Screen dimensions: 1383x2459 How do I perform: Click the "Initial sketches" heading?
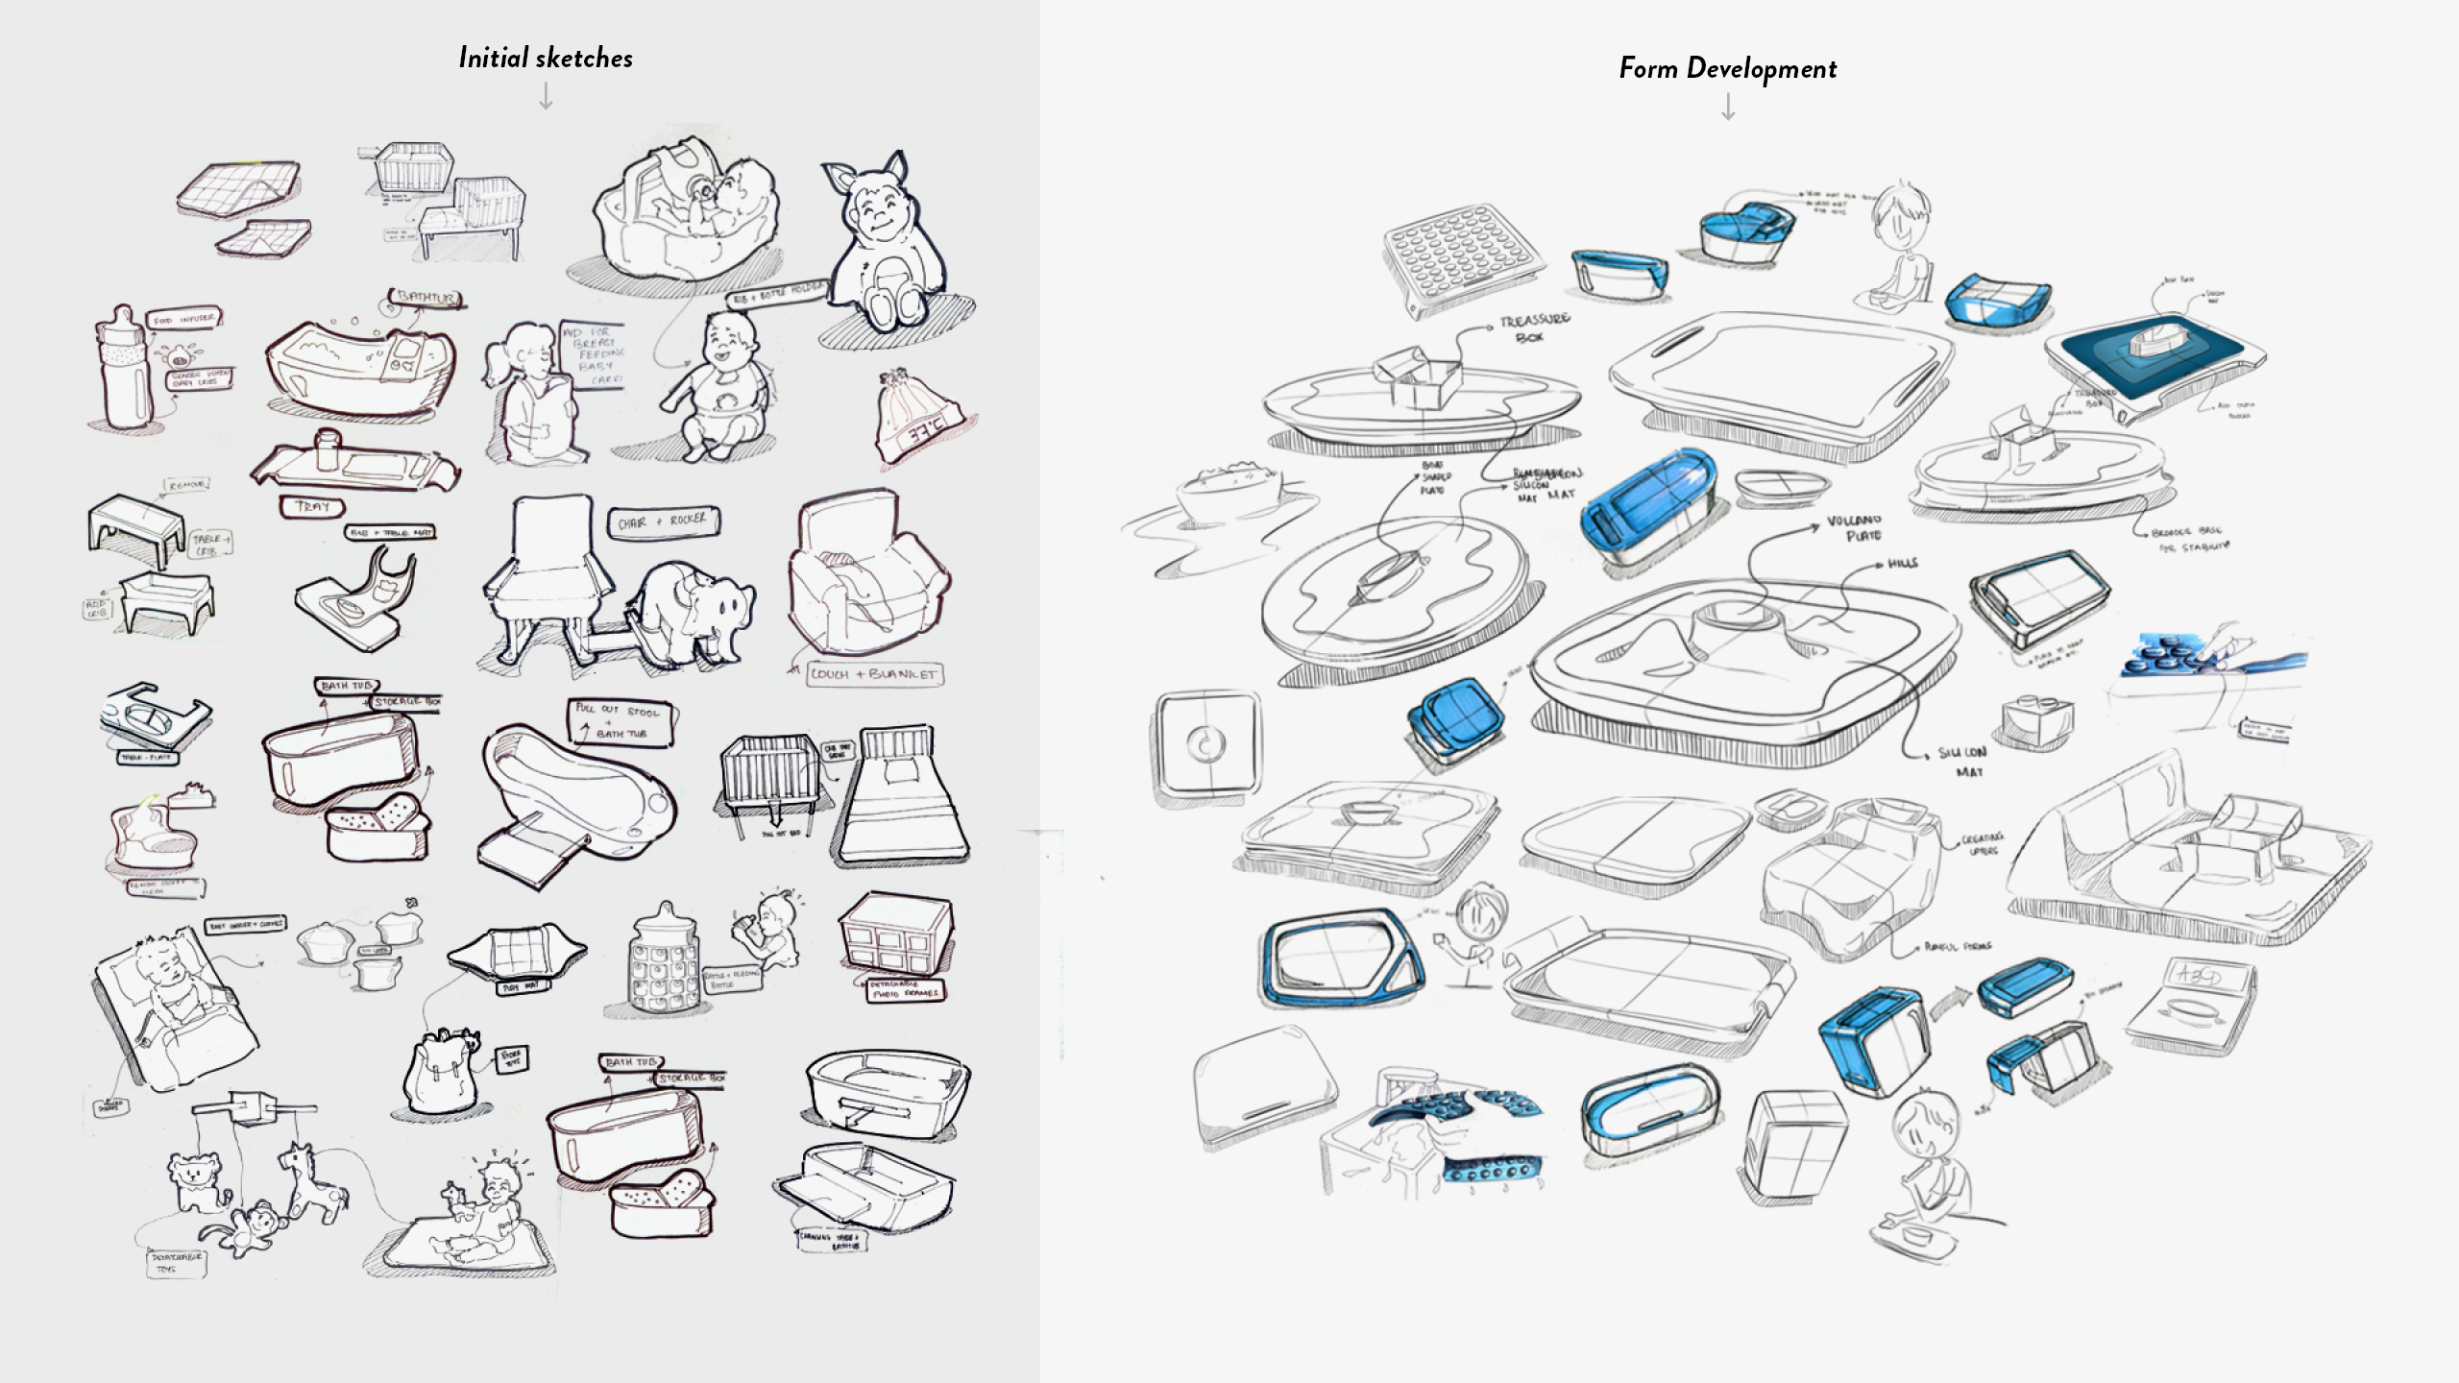tap(546, 58)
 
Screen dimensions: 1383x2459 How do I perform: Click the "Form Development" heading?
tap(1727, 68)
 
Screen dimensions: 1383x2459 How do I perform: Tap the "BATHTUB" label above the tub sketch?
tap(426, 299)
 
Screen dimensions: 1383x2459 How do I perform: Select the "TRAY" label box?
tap(313, 505)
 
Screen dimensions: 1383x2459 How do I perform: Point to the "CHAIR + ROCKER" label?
tap(663, 522)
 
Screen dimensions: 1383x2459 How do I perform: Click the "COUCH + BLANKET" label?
tap(873, 674)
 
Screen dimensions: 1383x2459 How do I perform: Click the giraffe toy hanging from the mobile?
tap(309, 1183)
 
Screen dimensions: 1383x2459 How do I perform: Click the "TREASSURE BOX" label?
tap(1534, 328)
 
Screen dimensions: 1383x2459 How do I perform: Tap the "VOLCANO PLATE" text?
tap(1853, 528)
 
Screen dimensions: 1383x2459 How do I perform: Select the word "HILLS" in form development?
tap(1902, 564)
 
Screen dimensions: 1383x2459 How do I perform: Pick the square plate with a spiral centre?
tap(1206, 743)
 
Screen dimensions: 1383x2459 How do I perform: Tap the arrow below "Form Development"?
tap(1728, 107)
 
